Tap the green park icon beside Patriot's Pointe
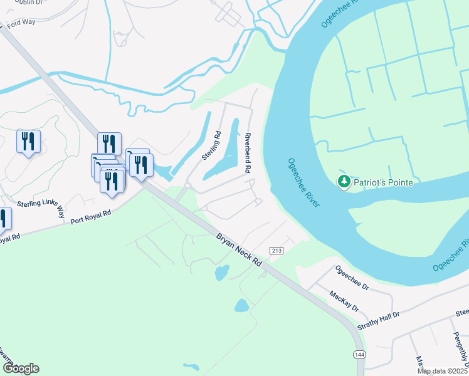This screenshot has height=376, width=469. pos(344,182)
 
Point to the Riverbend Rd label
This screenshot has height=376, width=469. pos(248,153)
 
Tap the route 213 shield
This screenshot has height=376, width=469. pos(276,251)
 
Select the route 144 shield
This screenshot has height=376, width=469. pos(358,355)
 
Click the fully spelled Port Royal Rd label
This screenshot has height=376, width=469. pos(90,217)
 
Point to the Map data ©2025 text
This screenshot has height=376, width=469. pos(443,371)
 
